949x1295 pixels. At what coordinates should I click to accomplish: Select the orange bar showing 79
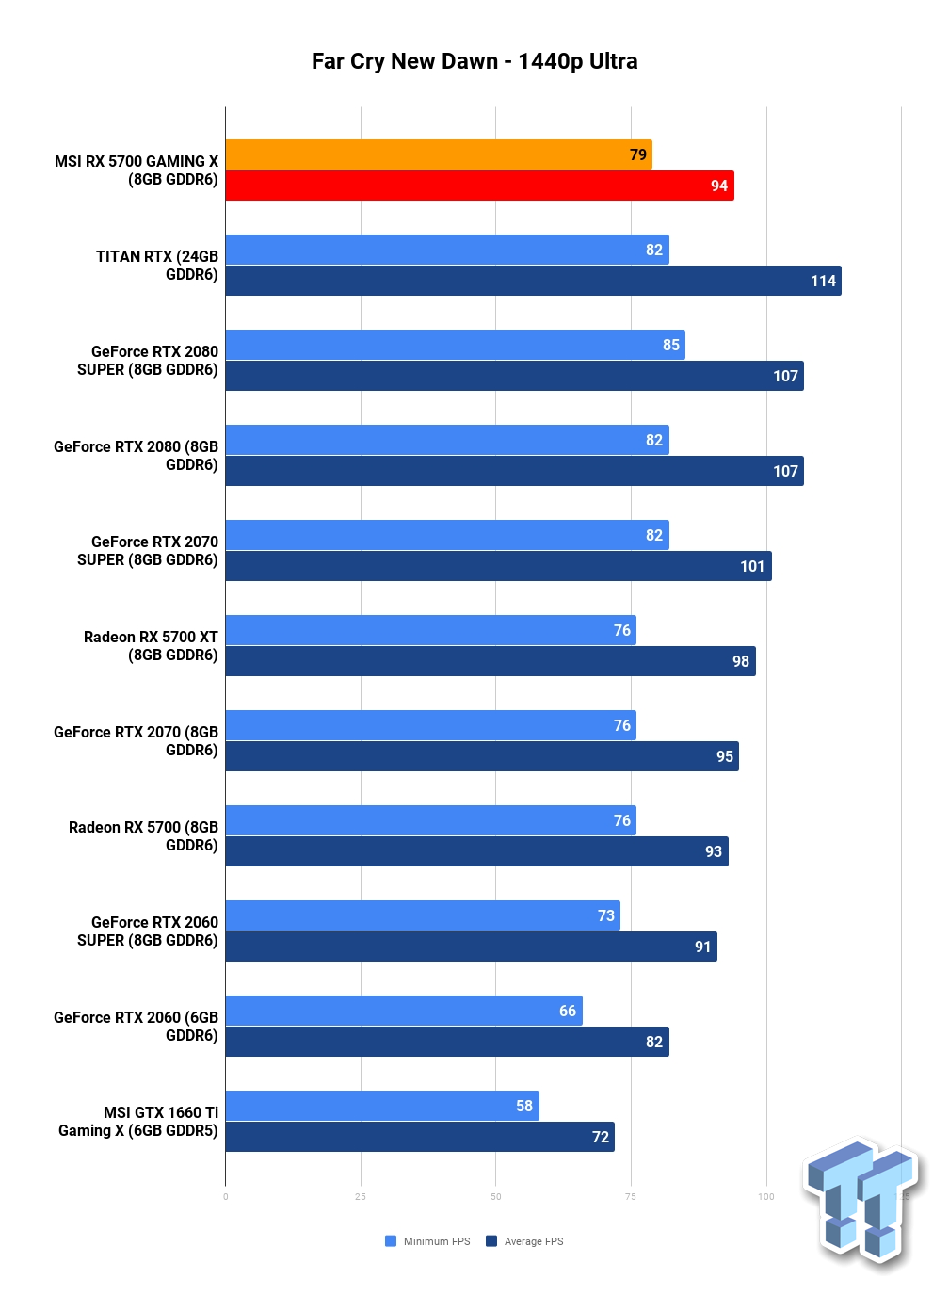click(439, 154)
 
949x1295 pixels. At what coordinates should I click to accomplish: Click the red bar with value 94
click(480, 186)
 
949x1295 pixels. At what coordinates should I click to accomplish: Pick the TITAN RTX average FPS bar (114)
click(534, 281)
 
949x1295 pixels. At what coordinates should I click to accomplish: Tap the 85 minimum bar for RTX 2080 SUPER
click(456, 345)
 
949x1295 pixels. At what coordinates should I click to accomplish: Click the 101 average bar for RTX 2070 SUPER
click(499, 566)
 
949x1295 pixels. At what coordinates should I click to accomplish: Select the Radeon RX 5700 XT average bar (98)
click(491, 661)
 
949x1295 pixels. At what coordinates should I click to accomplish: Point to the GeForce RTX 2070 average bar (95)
click(482, 756)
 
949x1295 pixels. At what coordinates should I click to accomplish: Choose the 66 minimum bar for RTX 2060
click(404, 1010)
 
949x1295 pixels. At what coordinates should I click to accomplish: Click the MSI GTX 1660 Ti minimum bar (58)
click(382, 1106)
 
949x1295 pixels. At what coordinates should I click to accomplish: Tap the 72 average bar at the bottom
click(420, 1137)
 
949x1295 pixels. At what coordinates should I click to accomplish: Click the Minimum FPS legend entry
click(427, 1241)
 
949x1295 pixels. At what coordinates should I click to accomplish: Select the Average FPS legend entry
click(524, 1241)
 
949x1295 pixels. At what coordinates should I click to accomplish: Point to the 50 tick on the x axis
click(496, 1197)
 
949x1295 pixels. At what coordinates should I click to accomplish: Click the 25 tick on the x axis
click(361, 1197)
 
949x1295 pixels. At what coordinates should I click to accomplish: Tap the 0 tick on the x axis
click(225, 1197)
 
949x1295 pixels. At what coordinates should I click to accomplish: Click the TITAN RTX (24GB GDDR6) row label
click(157, 266)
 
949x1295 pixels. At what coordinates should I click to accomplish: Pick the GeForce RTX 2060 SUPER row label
click(148, 931)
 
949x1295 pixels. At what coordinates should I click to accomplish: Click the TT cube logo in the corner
click(862, 1205)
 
